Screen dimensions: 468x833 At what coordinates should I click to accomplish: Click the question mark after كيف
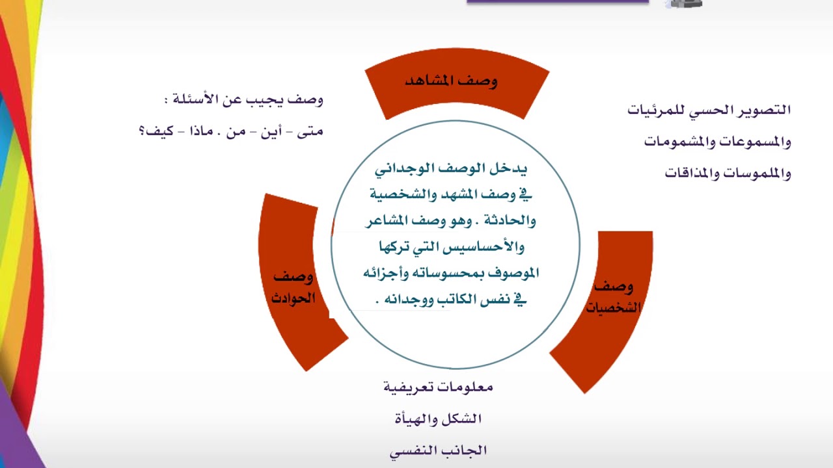(142, 132)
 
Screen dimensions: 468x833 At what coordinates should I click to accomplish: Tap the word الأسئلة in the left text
(197, 100)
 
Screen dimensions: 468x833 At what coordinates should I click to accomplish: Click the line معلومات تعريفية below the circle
(438, 387)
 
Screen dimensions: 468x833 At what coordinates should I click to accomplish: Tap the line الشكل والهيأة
(438, 419)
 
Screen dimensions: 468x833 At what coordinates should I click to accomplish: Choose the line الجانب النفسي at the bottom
(438, 450)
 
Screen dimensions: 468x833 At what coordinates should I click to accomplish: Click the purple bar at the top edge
(558, 2)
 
